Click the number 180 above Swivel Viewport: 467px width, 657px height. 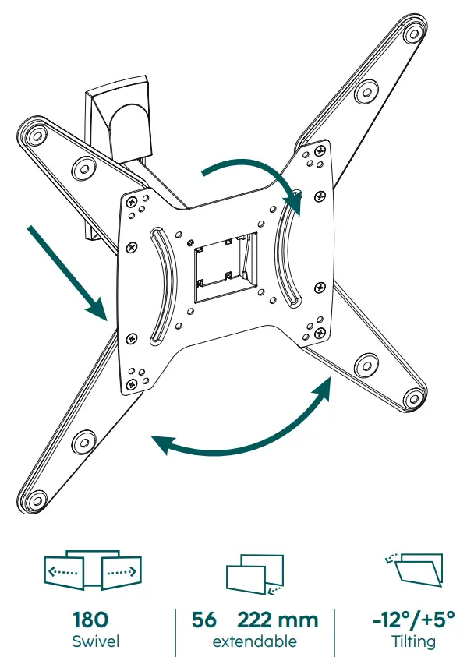coord(90,620)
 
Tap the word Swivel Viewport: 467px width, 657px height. coord(96,641)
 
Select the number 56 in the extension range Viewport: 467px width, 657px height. coord(204,620)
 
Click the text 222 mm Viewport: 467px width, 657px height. coord(278,620)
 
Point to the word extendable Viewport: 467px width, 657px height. coord(254,641)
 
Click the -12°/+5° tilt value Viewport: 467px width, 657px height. coord(414,620)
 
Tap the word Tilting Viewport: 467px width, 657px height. coord(414,642)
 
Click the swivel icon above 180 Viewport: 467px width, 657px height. coord(93,570)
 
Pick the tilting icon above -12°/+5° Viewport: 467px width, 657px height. coord(414,570)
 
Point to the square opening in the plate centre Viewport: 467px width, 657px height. coord(225,267)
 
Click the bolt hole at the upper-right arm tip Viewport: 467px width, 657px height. coord(413,33)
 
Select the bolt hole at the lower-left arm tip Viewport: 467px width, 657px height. coord(37,500)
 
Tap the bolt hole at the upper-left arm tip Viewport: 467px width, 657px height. coord(37,136)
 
